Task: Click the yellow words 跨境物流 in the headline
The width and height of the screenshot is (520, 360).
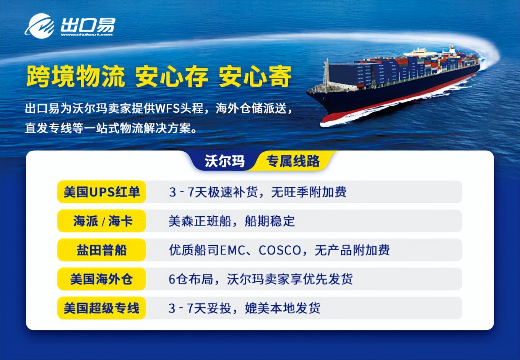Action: [75, 76]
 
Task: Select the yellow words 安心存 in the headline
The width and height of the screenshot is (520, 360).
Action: [171, 76]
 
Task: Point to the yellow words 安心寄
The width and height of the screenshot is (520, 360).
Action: [255, 76]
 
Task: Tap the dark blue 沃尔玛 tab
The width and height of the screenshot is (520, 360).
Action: [224, 161]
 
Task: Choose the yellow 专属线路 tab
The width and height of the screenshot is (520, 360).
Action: [293, 161]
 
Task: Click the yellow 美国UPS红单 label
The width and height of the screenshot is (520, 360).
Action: [102, 192]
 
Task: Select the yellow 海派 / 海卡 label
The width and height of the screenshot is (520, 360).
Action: [102, 221]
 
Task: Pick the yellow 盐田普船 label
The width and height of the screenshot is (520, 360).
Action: [102, 250]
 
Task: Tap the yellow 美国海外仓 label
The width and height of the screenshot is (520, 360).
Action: [102, 279]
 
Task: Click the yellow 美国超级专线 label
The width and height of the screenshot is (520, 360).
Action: [102, 308]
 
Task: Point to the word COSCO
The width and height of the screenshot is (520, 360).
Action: [280, 250]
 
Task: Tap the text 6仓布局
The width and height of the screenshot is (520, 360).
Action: [191, 279]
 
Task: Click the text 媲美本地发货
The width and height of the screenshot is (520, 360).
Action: [283, 308]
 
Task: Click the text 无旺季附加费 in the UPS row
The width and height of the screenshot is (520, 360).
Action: [309, 192]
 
